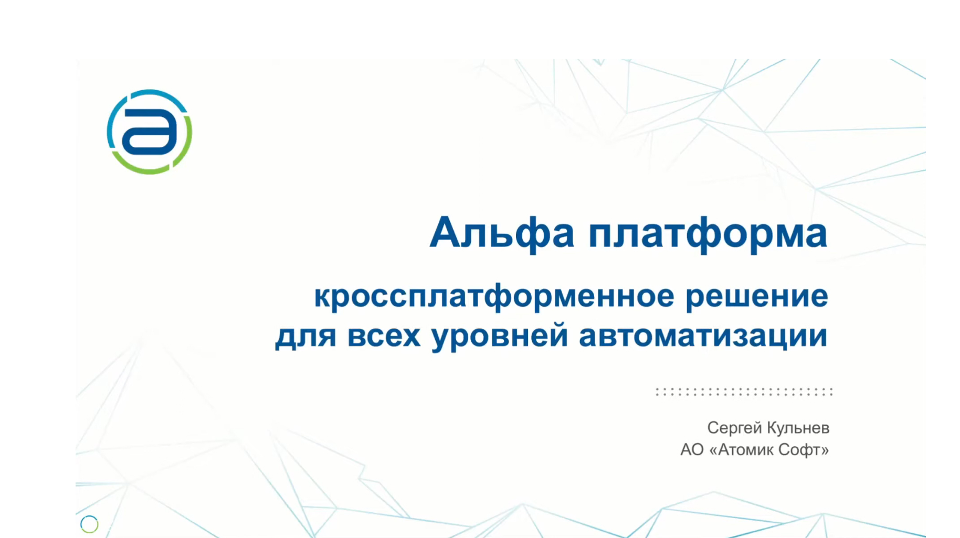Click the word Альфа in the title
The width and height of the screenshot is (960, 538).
(502, 232)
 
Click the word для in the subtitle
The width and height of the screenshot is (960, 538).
(305, 336)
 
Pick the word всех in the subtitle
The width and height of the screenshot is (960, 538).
(384, 336)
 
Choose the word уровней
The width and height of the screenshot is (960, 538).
(500, 336)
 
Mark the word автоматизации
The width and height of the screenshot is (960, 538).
(703, 336)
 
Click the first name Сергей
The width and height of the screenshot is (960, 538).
(733, 428)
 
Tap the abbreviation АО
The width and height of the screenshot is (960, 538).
(691, 450)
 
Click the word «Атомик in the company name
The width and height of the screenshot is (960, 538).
(741, 450)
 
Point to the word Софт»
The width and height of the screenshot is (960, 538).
(803, 450)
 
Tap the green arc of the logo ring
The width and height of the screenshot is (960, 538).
(150, 169)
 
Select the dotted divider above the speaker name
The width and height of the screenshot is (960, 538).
(744, 392)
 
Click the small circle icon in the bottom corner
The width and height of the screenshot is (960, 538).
(89, 524)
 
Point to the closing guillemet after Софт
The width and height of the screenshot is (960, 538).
(824, 450)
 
